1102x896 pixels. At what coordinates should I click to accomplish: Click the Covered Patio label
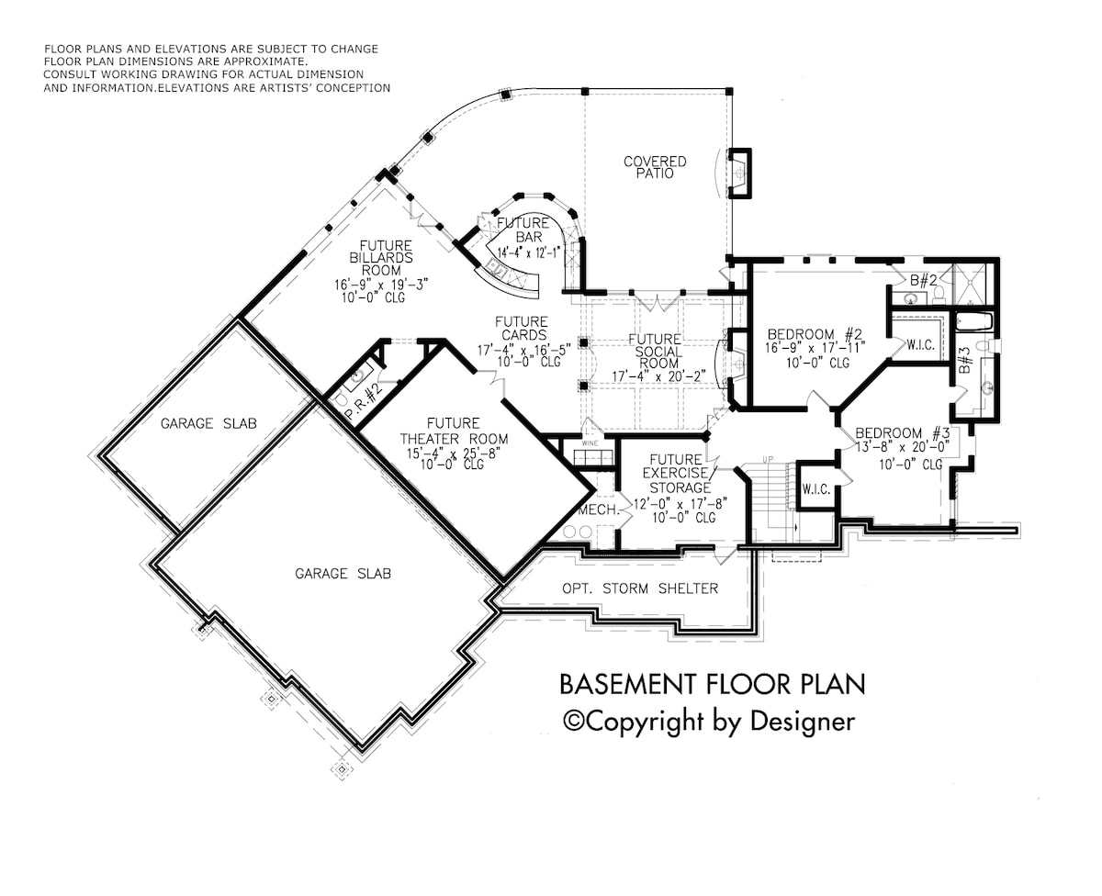[655, 167]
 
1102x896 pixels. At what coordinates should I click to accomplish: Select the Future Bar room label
[523, 230]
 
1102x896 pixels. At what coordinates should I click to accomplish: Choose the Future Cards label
[522, 328]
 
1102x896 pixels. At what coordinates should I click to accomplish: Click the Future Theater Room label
[452, 431]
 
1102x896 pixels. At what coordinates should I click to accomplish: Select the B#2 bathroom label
[923, 279]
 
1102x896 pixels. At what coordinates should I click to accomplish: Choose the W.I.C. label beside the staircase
[815, 490]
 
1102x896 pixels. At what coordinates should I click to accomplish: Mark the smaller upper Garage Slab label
[208, 423]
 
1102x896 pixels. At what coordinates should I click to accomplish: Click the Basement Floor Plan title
[712, 684]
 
